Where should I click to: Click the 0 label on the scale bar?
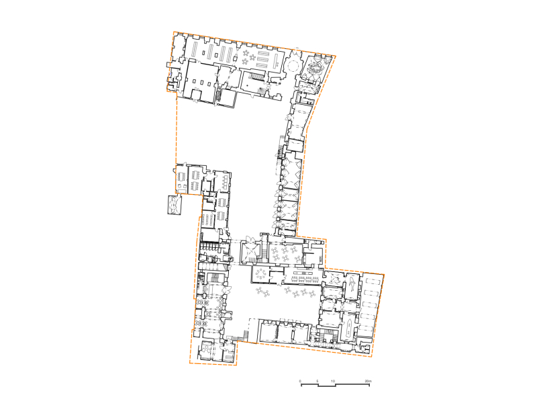300,381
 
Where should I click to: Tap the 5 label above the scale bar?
318,381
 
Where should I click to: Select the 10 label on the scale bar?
333,381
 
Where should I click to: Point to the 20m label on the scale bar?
368,381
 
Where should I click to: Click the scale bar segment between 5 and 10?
327,386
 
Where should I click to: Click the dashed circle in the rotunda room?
293,64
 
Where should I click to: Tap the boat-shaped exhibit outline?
348,327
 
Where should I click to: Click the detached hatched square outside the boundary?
175,205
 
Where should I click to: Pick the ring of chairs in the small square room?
262,273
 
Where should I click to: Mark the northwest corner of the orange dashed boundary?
174,32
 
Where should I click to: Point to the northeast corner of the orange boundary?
336,56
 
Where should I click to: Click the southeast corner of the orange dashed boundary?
372,357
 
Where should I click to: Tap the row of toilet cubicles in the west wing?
210,247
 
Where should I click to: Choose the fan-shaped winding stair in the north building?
262,91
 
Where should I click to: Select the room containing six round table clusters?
285,253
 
